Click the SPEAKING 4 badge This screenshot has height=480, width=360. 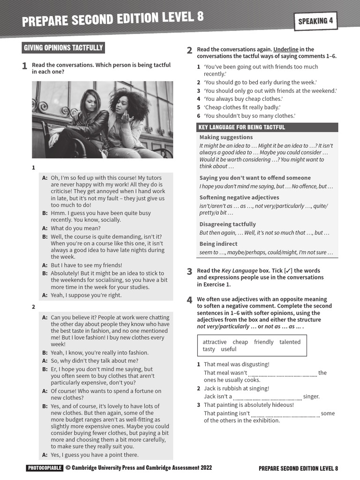[x=315, y=21]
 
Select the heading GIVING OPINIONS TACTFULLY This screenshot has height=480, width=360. [x=63, y=48]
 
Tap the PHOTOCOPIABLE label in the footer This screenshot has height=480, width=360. [x=45, y=468]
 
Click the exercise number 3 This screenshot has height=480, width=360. [x=189, y=271]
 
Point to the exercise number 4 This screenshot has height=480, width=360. [x=189, y=300]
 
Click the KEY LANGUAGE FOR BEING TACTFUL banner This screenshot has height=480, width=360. [x=241, y=127]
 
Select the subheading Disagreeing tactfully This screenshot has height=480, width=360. [x=227, y=224]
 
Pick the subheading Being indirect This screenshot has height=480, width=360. [x=218, y=244]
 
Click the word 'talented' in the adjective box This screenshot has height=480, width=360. [x=290, y=342]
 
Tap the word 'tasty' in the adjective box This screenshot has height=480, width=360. [x=209, y=349]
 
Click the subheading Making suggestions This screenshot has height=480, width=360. [x=226, y=137]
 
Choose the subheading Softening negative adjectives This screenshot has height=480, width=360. [x=239, y=197]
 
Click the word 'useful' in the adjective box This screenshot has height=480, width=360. [x=229, y=349]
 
